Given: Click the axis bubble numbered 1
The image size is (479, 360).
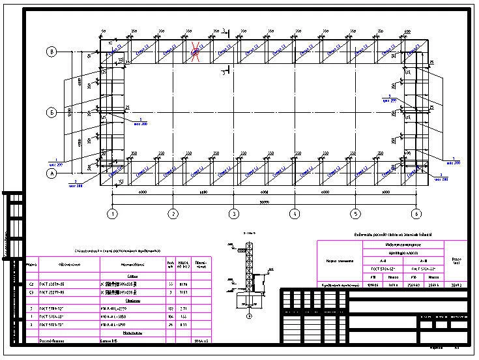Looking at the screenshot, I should click(x=113, y=213).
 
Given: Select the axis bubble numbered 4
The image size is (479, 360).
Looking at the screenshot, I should click(x=295, y=213).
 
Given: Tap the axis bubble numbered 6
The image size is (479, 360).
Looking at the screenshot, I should click(x=416, y=213).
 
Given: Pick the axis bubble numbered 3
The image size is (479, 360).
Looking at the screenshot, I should click(x=234, y=213).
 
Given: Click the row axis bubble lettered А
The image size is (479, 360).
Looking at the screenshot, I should click(x=51, y=173).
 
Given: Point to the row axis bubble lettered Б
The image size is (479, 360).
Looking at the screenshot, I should click(x=51, y=112).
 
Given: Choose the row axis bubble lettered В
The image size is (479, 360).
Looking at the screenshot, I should click(x=51, y=51).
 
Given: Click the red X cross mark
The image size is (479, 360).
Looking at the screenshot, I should click(x=196, y=50).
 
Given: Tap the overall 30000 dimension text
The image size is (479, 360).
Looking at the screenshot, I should click(x=264, y=202).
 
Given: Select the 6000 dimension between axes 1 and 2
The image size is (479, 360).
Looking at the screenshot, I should click(x=143, y=193).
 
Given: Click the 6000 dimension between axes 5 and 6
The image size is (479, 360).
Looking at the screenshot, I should click(x=385, y=193).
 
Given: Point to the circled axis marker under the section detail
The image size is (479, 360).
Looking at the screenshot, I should click(x=248, y=316).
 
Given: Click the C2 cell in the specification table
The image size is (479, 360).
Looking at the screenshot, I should click(x=31, y=284).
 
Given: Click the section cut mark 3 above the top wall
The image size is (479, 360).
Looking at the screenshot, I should click(x=224, y=31).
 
